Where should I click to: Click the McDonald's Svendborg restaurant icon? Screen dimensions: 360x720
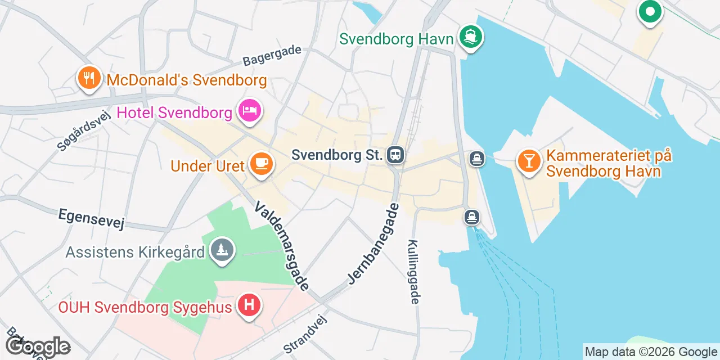[89, 79]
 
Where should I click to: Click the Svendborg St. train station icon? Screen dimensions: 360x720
[395, 154]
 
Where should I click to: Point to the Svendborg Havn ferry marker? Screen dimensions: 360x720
[471, 37]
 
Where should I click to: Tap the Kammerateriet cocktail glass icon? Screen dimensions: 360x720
[529, 161]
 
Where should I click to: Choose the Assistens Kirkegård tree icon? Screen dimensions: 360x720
[222, 250]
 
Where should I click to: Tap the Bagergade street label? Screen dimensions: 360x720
[272, 55]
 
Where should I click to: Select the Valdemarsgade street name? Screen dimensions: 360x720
[282, 246]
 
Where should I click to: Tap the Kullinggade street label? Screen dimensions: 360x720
[415, 272]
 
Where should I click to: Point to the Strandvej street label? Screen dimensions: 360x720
[304, 334]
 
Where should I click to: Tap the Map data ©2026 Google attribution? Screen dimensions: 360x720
[651, 352]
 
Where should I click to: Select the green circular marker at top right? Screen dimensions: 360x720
[650, 11]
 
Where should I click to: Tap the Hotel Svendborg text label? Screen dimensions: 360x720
[174, 112]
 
